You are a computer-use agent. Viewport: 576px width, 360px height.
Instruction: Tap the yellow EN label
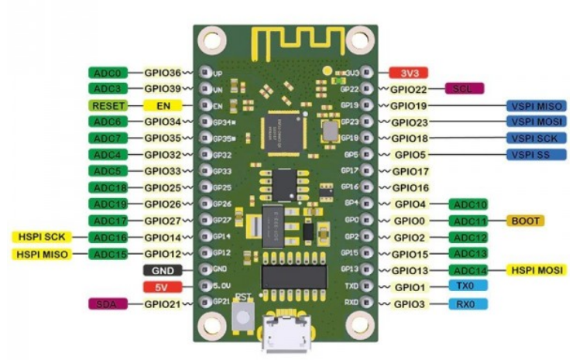[163, 105]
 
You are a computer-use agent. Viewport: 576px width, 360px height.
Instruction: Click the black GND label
[163, 270]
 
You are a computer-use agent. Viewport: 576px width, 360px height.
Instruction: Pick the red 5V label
[163, 287]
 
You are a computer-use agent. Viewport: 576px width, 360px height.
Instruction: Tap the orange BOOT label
[525, 221]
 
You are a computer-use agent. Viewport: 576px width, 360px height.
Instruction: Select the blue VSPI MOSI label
[534, 122]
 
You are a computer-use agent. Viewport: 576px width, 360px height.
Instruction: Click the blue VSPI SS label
[534, 155]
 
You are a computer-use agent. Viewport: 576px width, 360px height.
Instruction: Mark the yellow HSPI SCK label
[40, 237]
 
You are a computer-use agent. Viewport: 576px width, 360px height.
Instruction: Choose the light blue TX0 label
[467, 286]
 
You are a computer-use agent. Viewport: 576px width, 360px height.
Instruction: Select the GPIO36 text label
[163, 72]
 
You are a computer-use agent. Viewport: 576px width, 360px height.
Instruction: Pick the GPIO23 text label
[410, 122]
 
